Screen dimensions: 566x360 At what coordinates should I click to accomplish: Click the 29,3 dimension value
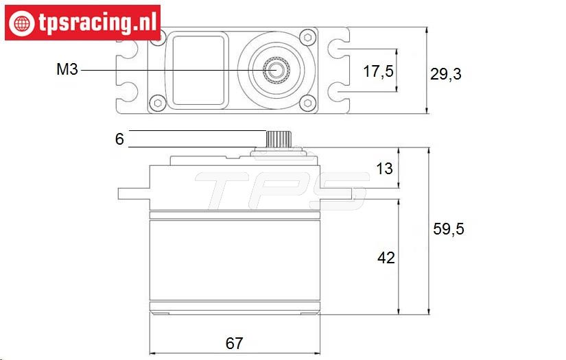(x=445, y=74)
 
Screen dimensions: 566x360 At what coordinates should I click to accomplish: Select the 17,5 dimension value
(x=378, y=71)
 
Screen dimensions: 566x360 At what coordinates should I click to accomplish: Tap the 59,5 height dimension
(x=448, y=229)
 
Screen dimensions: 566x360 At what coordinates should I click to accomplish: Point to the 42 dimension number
(x=386, y=258)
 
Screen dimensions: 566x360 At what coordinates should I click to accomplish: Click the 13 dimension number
(x=384, y=169)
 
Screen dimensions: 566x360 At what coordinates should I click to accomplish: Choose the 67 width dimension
(x=234, y=343)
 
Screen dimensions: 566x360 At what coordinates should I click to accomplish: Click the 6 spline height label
(x=119, y=139)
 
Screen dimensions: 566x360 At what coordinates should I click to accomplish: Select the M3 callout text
(x=67, y=69)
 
